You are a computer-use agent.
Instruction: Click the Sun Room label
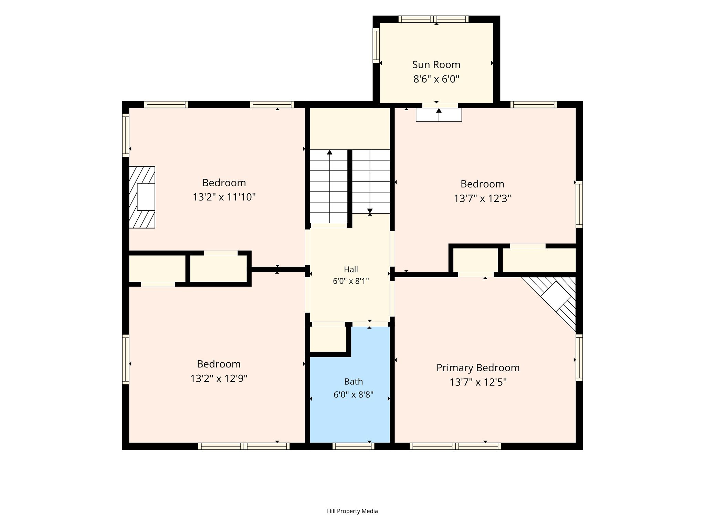click(436, 65)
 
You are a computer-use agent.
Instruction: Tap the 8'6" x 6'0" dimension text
click(436, 79)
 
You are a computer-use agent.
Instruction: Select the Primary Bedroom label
click(478, 368)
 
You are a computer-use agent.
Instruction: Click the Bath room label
click(354, 382)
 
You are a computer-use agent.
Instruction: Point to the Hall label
click(351, 269)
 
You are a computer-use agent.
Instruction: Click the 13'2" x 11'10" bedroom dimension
click(224, 197)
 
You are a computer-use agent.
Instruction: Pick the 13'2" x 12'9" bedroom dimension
click(219, 379)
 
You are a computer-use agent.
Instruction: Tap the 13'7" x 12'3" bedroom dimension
click(482, 199)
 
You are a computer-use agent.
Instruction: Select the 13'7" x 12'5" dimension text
click(478, 382)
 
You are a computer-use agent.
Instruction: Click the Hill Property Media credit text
click(352, 511)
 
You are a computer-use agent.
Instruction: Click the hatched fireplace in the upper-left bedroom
click(142, 197)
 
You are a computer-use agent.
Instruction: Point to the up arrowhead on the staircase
click(330, 152)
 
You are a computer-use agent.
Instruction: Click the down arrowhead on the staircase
click(370, 211)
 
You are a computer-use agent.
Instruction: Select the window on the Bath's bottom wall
click(353, 446)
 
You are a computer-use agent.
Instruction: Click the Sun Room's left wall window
click(376, 45)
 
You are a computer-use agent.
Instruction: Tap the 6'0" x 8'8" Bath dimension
click(354, 394)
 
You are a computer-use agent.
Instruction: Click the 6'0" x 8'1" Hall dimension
click(351, 281)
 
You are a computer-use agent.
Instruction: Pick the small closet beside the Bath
click(328, 339)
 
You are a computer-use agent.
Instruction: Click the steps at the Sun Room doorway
click(439, 115)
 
